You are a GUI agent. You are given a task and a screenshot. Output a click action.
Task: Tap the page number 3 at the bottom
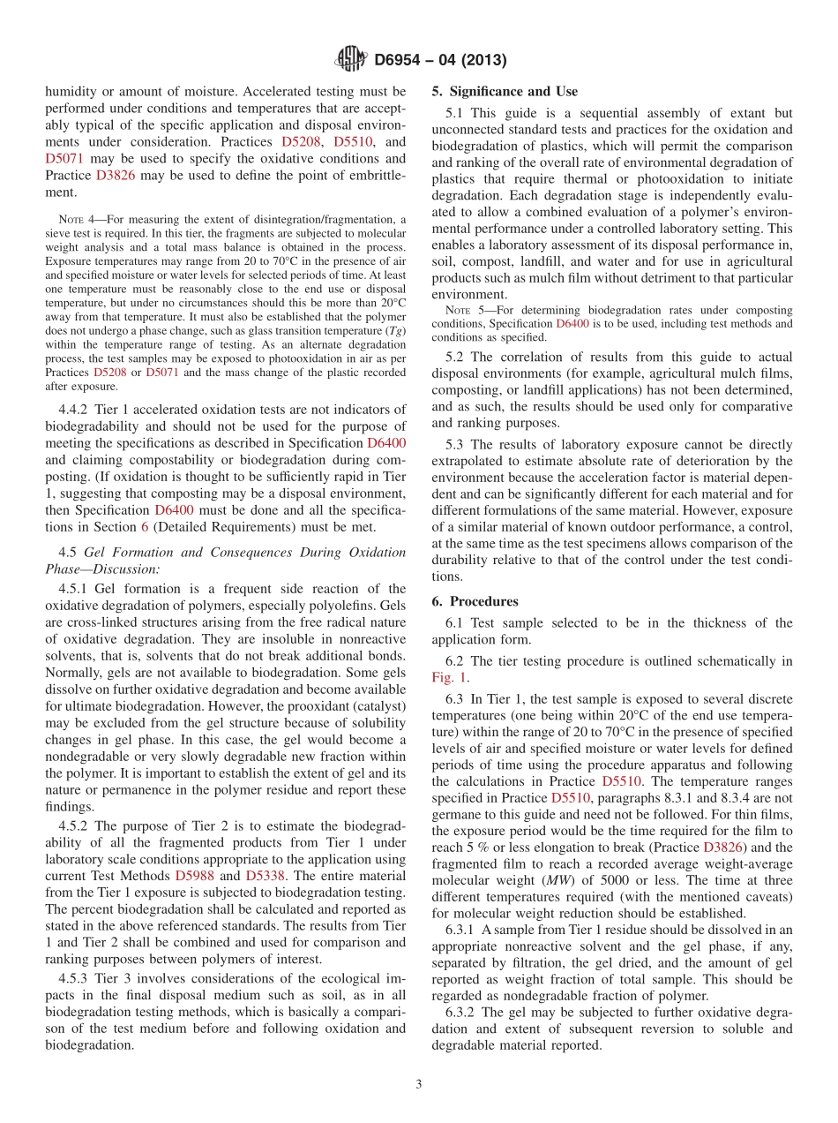tap(418, 1085)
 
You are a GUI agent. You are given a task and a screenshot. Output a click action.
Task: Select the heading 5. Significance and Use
tap(505, 91)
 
